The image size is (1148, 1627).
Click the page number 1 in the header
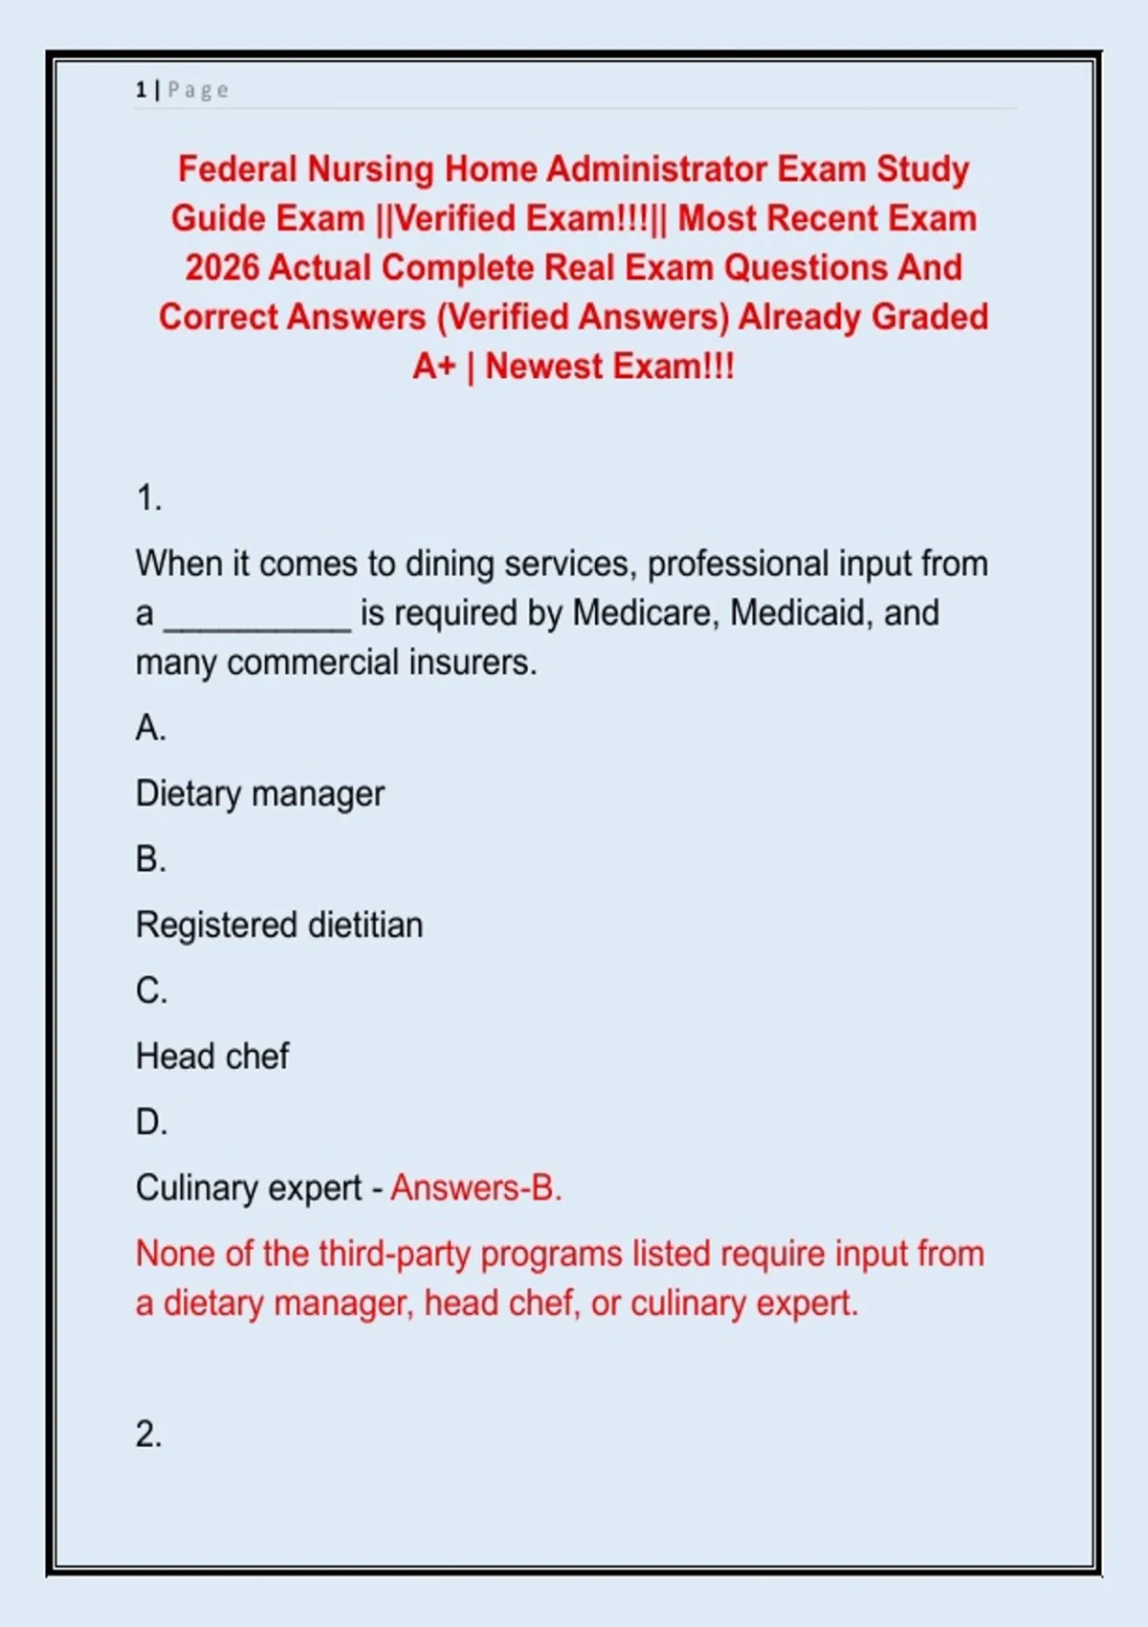tap(141, 90)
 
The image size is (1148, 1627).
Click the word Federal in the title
tap(238, 169)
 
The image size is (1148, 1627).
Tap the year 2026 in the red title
tap(222, 268)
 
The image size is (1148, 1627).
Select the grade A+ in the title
tap(433, 367)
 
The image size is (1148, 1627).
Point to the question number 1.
tap(148, 499)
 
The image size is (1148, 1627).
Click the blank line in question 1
tap(257, 617)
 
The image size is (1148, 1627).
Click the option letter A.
tap(150, 728)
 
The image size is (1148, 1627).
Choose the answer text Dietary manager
tap(259, 794)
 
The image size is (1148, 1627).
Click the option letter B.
tap(150, 859)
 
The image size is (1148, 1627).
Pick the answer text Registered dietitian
tap(278, 925)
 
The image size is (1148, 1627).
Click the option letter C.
tap(150, 991)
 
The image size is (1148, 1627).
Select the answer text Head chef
tap(211, 1057)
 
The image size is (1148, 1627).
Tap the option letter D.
tap(150, 1122)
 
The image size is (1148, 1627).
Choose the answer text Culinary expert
tap(248, 1189)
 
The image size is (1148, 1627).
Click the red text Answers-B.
tap(475, 1189)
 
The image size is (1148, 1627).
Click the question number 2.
tap(148, 1434)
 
